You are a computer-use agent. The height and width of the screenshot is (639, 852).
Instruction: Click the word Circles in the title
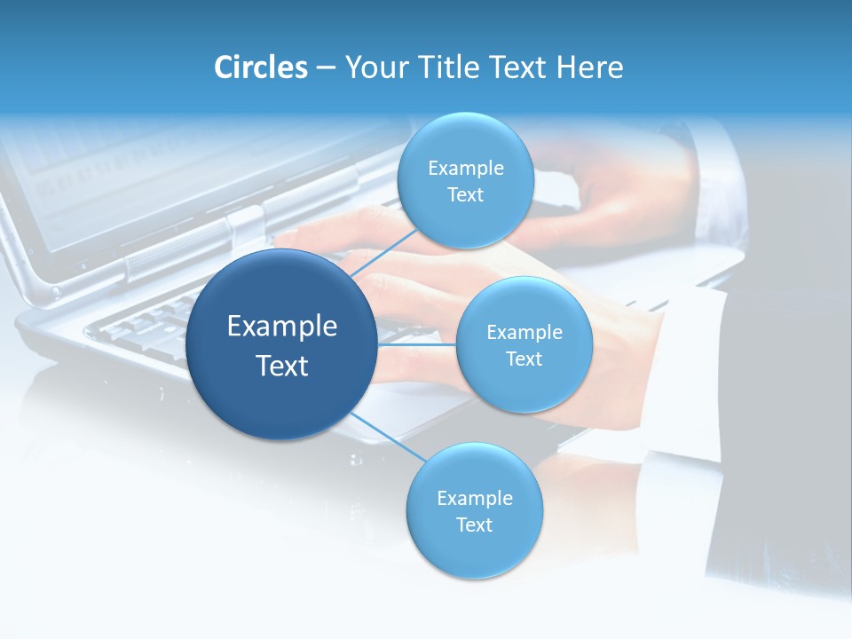click(x=260, y=67)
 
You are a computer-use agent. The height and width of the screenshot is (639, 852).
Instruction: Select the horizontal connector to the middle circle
click(x=416, y=344)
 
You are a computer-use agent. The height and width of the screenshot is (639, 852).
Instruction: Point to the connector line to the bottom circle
click(x=387, y=438)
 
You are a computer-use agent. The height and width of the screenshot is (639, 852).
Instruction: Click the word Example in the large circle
click(x=282, y=327)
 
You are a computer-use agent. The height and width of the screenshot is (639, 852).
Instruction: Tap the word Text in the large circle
click(x=282, y=366)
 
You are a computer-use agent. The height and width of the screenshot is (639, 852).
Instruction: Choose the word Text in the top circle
click(x=465, y=195)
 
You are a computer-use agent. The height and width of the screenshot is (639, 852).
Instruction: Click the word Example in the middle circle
click(x=524, y=333)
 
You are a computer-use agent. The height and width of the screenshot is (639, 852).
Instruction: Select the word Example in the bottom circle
click(x=474, y=499)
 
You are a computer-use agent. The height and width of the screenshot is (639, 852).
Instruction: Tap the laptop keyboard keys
click(x=142, y=324)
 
